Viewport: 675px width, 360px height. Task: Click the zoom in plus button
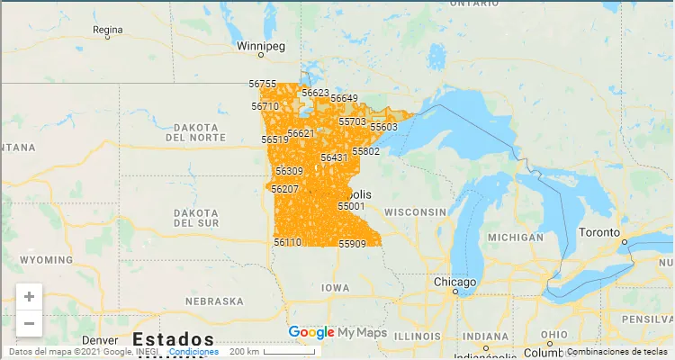[x=30, y=296]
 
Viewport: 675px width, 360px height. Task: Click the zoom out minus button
[x=30, y=323]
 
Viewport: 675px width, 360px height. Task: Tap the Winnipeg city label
[x=259, y=45]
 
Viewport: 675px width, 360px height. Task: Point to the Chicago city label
[x=454, y=282]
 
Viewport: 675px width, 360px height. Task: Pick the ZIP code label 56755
[x=263, y=84]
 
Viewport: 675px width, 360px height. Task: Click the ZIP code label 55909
[x=352, y=244]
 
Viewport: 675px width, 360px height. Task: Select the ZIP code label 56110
[x=287, y=242]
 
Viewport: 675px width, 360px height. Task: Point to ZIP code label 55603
[x=383, y=127]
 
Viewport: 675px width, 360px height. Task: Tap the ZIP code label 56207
[x=284, y=189]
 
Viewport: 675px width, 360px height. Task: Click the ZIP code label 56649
[x=344, y=98]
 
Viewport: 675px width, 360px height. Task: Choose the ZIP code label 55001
[x=351, y=206]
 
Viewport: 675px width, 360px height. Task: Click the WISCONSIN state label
[x=415, y=211]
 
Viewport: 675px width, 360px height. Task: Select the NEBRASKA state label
[x=214, y=301]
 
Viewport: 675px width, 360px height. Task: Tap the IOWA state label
[x=335, y=288]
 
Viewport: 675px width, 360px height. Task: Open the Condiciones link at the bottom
[x=193, y=352]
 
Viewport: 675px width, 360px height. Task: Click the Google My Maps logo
[x=337, y=333]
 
